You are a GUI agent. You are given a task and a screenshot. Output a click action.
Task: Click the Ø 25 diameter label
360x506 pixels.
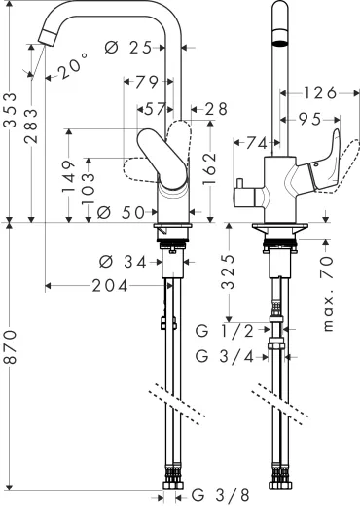coord(134,47)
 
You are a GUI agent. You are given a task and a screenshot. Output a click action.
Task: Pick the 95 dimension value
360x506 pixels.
coord(312,119)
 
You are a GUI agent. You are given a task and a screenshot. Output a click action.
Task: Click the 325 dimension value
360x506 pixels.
coord(227,271)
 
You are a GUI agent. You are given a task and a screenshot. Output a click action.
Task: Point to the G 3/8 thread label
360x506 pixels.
coord(220,494)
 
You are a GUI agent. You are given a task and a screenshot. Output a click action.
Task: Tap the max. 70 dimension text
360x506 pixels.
coord(328,291)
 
